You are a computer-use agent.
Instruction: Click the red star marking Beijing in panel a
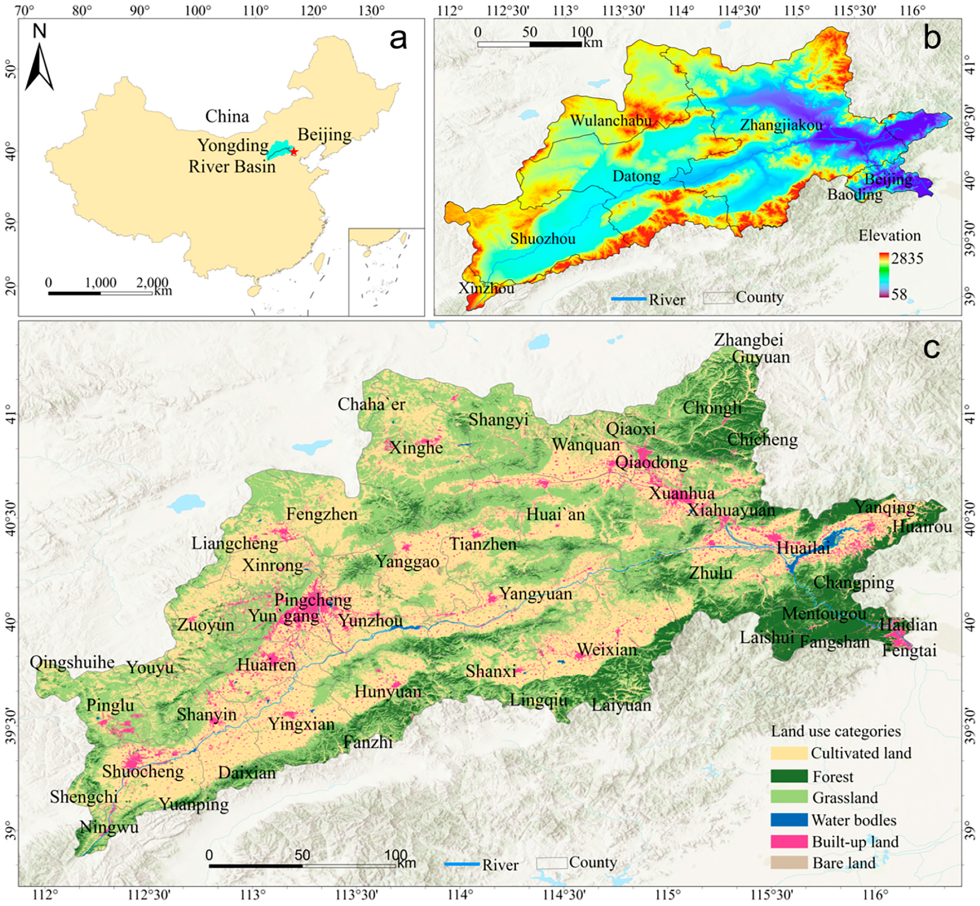293,152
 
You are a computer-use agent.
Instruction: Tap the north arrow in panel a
39,66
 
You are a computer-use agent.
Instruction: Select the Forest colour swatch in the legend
788,776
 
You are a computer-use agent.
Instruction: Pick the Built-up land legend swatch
788,841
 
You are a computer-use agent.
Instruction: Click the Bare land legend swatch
788,863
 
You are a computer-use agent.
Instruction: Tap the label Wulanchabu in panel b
610,120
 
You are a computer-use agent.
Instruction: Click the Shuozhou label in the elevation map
542,239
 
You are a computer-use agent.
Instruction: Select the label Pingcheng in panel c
313,600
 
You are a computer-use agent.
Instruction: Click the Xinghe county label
416,447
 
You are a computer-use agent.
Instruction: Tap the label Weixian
607,649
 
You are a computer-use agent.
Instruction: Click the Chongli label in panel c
712,407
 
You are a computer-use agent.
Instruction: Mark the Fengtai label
909,651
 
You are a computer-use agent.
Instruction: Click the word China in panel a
227,116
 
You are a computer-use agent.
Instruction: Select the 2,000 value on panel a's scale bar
152,282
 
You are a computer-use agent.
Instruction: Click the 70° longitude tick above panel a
24,10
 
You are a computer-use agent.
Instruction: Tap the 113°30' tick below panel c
356,895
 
